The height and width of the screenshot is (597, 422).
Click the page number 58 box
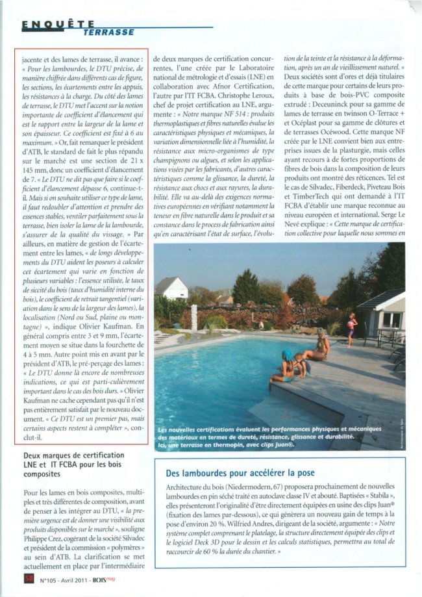(x=28, y=577)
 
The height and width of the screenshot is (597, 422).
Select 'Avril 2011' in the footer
(x=83, y=577)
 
